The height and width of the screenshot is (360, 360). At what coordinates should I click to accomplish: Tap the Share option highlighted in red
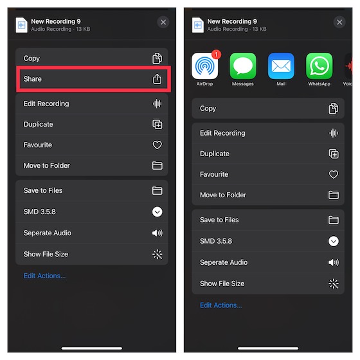(93, 79)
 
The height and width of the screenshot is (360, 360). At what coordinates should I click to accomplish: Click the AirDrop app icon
(204, 66)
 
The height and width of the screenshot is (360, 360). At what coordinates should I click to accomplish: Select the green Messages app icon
(243, 66)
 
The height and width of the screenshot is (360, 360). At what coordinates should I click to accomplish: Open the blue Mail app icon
(281, 66)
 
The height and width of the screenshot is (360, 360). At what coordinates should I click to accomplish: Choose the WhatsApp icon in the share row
(319, 66)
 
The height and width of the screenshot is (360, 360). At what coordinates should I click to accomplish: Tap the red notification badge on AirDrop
(216, 55)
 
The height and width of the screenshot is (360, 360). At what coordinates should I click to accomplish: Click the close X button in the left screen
(163, 22)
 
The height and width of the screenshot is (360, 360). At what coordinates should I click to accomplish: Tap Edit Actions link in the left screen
(44, 276)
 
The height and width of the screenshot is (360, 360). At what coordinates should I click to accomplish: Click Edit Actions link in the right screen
(221, 305)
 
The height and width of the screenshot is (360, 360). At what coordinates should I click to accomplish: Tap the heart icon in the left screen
(157, 145)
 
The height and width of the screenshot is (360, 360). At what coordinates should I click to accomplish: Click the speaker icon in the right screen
(333, 262)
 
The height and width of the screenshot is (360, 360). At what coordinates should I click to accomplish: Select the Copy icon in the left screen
(157, 59)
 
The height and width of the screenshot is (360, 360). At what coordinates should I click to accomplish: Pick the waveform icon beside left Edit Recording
(157, 104)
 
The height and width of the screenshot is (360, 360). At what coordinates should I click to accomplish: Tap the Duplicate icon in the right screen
(333, 154)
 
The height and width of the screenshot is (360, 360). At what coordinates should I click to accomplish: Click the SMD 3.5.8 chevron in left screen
(157, 212)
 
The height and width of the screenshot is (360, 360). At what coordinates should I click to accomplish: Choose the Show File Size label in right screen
(222, 283)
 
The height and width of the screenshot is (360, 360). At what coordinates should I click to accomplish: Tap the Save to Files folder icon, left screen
(157, 190)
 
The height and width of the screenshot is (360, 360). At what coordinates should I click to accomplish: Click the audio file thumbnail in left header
(21, 25)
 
